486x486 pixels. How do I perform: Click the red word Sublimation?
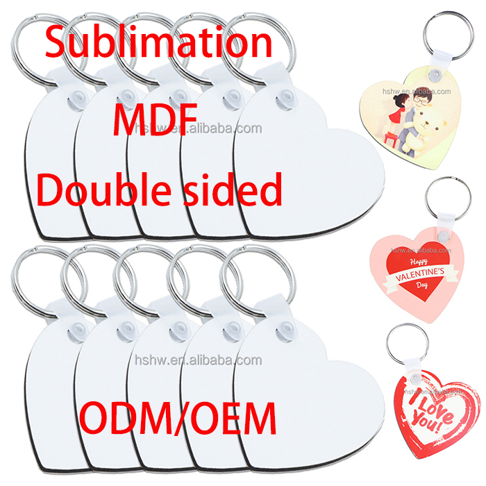[x=158, y=43]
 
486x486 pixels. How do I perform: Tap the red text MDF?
[x=156, y=117]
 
